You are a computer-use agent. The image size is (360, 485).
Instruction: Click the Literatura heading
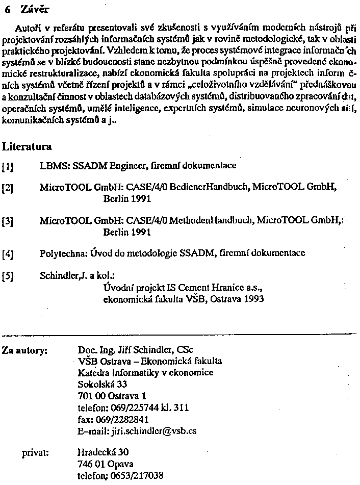[27, 147]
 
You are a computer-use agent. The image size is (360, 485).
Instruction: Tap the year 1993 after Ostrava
[253, 299]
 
